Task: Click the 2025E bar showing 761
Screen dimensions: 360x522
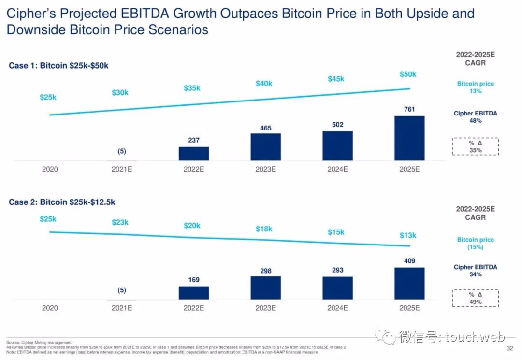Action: point(409,138)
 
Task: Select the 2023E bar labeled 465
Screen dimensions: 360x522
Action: point(265,147)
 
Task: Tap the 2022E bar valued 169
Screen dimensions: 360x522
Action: point(193,293)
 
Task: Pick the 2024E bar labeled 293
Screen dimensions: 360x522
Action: point(337,288)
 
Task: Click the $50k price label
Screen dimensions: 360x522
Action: point(408,74)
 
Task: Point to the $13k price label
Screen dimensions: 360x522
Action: point(408,235)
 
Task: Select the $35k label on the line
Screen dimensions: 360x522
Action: point(192,88)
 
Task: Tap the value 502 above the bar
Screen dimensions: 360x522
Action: point(337,125)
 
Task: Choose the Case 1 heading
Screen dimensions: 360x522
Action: point(58,66)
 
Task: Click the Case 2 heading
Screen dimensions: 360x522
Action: point(62,202)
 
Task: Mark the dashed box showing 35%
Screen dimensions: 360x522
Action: point(476,146)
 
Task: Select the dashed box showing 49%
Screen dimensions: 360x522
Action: point(476,298)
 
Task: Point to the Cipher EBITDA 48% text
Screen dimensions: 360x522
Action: point(476,117)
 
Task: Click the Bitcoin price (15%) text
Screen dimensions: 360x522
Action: point(476,243)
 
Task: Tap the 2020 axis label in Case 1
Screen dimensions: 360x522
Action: point(50,169)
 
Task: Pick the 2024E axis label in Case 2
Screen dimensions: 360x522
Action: point(337,308)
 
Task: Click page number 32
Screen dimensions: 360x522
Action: point(509,348)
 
